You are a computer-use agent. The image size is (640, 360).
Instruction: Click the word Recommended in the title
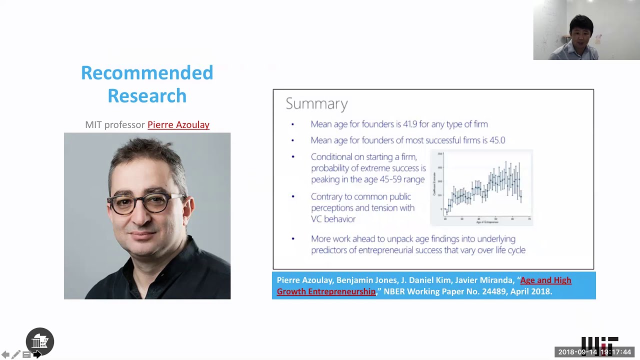coord(147,73)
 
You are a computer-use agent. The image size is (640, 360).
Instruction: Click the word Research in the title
coord(147,96)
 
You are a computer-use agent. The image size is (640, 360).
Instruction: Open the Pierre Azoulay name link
coord(178,125)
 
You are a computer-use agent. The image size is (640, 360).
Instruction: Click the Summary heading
coord(316,103)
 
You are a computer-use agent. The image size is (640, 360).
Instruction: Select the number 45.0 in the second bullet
coord(497,140)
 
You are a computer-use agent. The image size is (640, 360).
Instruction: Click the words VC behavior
coord(333,219)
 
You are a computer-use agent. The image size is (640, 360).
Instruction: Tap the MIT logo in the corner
coord(599,343)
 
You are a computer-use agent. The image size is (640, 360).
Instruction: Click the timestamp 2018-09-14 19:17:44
coord(594,352)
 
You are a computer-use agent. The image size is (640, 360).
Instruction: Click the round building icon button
coord(40,341)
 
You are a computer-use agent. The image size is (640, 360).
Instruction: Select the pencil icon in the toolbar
coord(16,354)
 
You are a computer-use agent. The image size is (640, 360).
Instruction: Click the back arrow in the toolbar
coord(5,354)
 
